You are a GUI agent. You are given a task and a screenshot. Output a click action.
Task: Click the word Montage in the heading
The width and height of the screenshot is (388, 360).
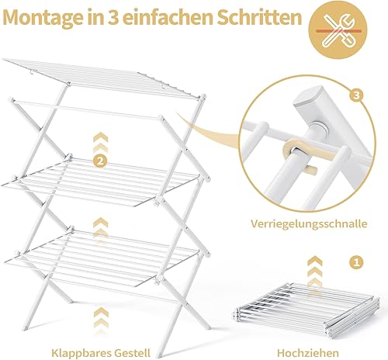43,18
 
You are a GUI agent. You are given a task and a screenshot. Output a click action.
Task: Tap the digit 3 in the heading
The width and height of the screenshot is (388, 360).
112,17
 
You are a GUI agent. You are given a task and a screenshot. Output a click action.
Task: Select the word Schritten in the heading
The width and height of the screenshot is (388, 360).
259,17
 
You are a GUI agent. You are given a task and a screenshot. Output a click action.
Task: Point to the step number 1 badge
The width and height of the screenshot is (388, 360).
357,262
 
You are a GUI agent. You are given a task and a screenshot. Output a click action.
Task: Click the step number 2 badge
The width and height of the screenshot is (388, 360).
100,161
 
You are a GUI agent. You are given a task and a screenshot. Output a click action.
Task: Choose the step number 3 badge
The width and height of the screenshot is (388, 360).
356,95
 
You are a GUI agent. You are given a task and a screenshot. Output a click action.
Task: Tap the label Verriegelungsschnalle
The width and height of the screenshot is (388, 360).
309,223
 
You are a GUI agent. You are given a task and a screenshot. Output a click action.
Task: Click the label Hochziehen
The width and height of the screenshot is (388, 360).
308,352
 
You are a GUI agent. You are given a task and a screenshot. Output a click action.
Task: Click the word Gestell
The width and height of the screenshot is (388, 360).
131,352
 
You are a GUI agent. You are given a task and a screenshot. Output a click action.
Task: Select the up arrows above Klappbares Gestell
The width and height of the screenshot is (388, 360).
101,320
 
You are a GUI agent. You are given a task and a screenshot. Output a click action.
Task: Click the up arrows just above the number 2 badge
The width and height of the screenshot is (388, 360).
101,142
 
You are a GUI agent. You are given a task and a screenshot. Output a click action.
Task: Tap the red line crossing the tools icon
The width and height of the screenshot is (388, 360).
338,31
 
